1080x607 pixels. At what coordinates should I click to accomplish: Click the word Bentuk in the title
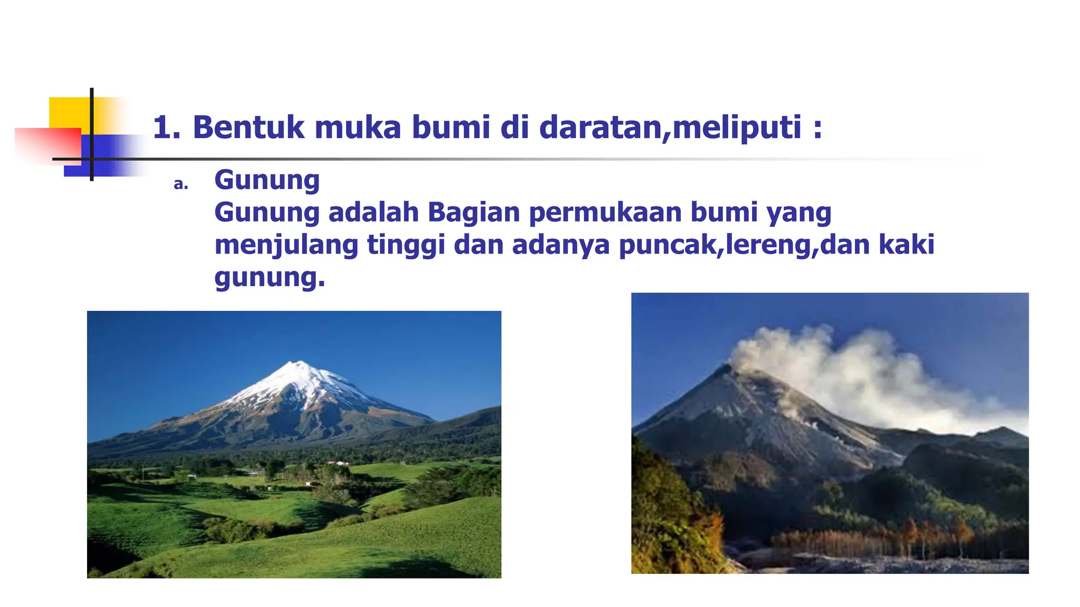pyautogui.click(x=248, y=128)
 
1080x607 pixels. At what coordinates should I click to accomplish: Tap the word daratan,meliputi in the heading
pyautogui.click(x=670, y=128)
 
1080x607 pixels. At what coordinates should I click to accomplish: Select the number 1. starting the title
pyautogui.click(x=167, y=128)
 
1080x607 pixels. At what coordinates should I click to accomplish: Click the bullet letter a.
pyautogui.click(x=181, y=184)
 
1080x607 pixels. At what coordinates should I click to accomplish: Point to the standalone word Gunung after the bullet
pyautogui.click(x=267, y=180)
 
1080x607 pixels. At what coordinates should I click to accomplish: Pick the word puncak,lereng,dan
pyautogui.click(x=744, y=245)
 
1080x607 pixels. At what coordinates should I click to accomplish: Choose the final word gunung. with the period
pyautogui.click(x=269, y=277)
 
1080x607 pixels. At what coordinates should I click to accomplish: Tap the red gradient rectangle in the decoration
pyautogui.click(x=47, y=145)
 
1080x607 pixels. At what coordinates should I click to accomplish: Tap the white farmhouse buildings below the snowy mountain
pyautogui.click(x=338, y=463)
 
